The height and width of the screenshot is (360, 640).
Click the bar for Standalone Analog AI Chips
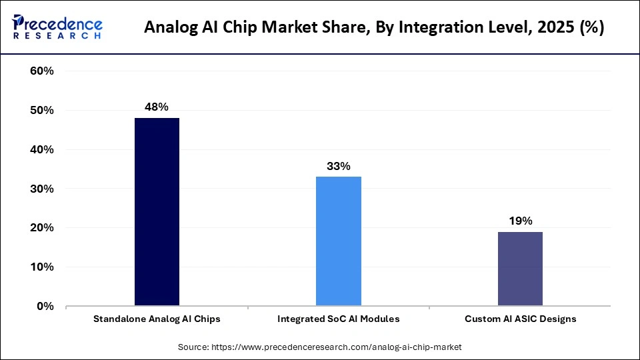pos(157,212)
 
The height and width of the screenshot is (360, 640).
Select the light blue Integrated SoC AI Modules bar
pos(339,241)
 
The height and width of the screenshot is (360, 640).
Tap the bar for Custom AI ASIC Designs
pos(520,269)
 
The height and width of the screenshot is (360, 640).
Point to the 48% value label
pos(157,107)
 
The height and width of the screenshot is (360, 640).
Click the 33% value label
pos(339,166)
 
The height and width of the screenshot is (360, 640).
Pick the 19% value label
pos(520,221)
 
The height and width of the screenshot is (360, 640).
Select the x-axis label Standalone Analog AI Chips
pos(157,319)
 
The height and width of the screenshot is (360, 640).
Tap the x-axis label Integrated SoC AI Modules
pos(339,319)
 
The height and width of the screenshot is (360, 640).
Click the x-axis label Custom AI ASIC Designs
pos(520,319)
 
